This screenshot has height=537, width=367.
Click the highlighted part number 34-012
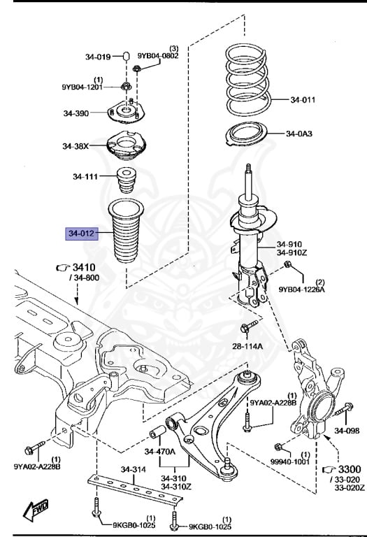click(x=82, y=234)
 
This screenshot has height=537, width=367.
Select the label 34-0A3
click(x=299, y=134)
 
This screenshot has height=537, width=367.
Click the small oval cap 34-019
click(x=126, y=56)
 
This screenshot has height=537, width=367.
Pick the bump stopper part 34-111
click(x=127, y=180)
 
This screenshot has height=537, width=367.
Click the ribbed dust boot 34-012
click(x=126, y=231)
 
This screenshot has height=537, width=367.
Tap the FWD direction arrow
click(x=35, y=510)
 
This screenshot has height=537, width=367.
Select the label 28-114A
click(x=248, y=346)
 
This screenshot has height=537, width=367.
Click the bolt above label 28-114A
click(x=249, y=326)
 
